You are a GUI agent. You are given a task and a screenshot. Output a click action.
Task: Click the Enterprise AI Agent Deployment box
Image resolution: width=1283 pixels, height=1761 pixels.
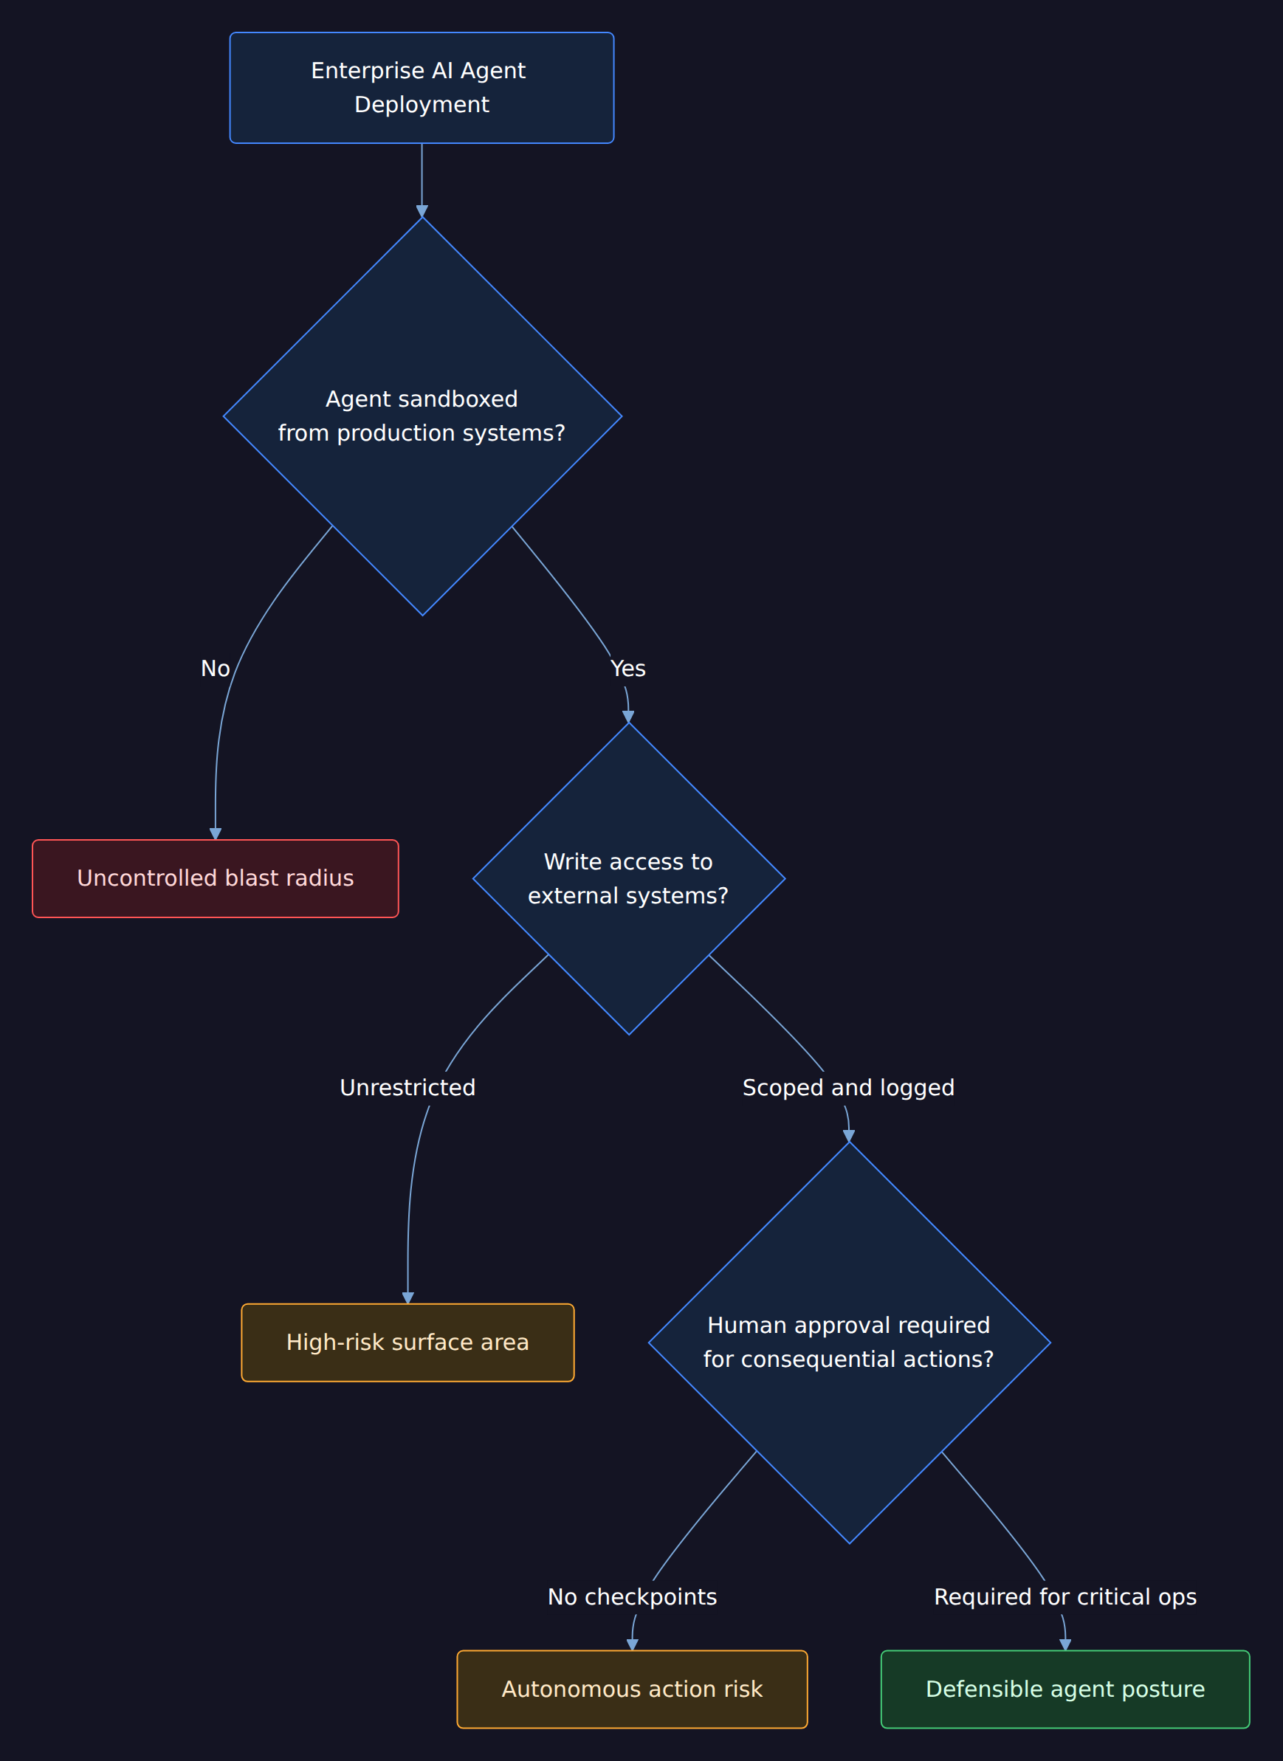point(422,88)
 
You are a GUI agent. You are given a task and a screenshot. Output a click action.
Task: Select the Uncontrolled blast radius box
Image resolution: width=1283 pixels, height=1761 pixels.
point(215,878)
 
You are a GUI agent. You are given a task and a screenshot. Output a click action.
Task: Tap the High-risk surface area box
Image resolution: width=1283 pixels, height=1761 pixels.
point(407,1343)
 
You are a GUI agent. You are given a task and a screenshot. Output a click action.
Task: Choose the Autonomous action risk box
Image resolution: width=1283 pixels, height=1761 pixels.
point(632,1689)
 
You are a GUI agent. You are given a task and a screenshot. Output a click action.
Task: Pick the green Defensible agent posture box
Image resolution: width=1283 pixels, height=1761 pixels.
point(1065,1689)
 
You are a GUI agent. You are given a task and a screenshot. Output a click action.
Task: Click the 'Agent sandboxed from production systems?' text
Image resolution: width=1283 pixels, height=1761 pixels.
point(422,416)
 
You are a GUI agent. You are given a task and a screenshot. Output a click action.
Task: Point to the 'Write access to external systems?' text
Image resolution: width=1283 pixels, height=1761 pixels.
point(628,879)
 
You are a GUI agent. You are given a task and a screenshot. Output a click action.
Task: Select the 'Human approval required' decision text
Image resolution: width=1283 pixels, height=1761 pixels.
point(849,1326)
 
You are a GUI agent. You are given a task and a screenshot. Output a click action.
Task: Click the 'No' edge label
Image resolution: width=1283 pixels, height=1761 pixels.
point(215,669)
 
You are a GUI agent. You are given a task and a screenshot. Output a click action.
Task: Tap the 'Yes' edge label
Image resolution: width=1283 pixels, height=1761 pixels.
point(628,669)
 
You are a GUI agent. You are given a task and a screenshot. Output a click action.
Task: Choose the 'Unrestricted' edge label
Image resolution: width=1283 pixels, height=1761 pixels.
point(407,1088)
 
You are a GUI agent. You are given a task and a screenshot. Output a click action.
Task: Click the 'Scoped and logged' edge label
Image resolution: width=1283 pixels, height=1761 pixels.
point(849,1088)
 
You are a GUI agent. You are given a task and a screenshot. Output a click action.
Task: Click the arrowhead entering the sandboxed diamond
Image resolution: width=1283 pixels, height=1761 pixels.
point(422,211)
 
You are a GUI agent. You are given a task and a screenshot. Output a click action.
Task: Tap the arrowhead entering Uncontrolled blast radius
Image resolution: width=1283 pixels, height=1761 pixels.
point(215,834)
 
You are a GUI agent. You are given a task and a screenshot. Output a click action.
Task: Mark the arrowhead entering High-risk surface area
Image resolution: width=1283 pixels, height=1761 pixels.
point(407,1298)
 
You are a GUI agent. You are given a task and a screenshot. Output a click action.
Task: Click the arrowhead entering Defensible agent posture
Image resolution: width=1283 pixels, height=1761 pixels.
point(1065,1645)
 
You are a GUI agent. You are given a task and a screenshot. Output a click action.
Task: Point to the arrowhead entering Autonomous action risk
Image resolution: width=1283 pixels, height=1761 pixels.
point(632,1645)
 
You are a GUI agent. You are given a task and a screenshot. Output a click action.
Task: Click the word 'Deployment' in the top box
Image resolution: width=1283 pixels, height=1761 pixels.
point(422,105)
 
